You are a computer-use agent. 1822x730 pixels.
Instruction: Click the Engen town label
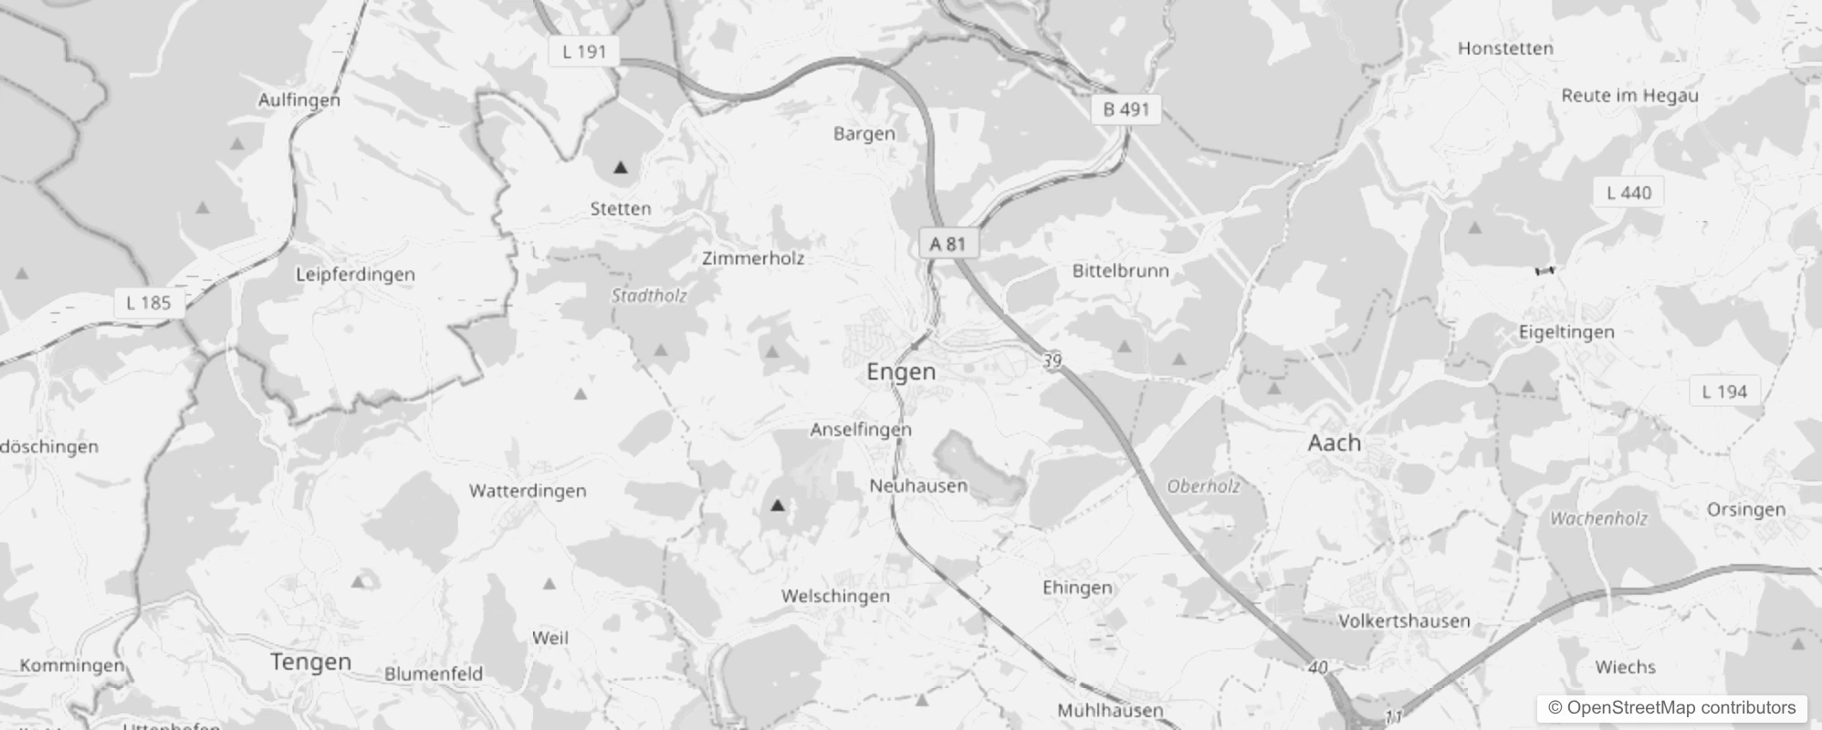[x=901, y=371]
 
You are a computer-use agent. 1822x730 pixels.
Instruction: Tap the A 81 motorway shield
[x=948, y=244]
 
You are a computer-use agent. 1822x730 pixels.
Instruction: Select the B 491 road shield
[x=1126, y=109]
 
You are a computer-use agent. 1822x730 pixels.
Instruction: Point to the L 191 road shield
[x=584, y=51]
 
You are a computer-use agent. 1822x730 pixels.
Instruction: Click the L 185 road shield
[x=149, y=303]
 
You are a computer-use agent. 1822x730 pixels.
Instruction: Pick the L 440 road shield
[x=1628, y=193]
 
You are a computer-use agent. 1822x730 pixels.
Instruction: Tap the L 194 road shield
[x=1724, y=391]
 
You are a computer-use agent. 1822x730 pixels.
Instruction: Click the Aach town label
[x=1334, y=443]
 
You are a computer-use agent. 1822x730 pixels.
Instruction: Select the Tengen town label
[x=310, y=662]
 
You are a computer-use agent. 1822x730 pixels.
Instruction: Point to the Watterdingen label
[x=528, y=491]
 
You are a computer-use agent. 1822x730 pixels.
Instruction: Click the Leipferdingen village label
[x=355, y=275]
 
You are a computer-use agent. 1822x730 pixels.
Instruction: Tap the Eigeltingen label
[x=1566, y=332]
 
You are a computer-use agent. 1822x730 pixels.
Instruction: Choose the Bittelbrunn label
[x=1120, y=271]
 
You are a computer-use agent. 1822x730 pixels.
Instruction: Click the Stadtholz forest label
[x=649, y=296]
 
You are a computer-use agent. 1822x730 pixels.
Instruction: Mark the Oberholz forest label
[x=1203, y=486]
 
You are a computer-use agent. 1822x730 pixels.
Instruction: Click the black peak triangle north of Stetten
[x=621, y=168]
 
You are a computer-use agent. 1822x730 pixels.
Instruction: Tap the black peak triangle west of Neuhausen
[x=778, y=505]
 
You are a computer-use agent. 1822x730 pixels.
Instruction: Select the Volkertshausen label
[x=1404, y=621]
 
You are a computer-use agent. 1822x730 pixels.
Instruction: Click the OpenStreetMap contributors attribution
[x=1671, y=708]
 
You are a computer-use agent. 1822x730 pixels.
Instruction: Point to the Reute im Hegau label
[x=1629, y=96]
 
